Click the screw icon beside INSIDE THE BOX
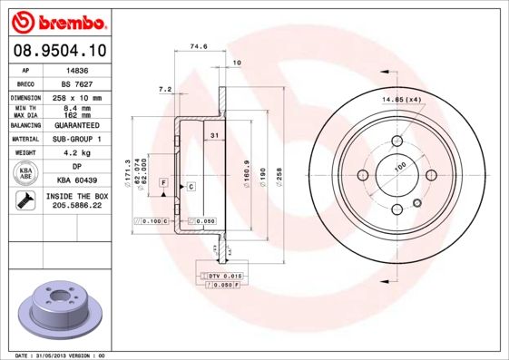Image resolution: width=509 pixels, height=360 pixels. [x=26, y=200]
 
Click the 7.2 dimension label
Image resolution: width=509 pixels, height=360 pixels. [x=164, y=89]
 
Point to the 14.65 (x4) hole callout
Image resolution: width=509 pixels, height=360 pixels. [x=402, y=99]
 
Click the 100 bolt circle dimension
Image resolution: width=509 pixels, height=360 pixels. [x=399, y=167]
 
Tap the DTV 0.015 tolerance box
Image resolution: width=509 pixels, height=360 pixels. [x=220, y=273]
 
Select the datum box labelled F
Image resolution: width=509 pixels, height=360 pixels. [x=162, y=183]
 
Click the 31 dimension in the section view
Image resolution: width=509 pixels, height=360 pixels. [x=214, y=135]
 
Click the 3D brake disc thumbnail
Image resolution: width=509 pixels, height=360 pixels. [x=56, y=308]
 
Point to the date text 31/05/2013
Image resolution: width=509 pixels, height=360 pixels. [x=50, y=355]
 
